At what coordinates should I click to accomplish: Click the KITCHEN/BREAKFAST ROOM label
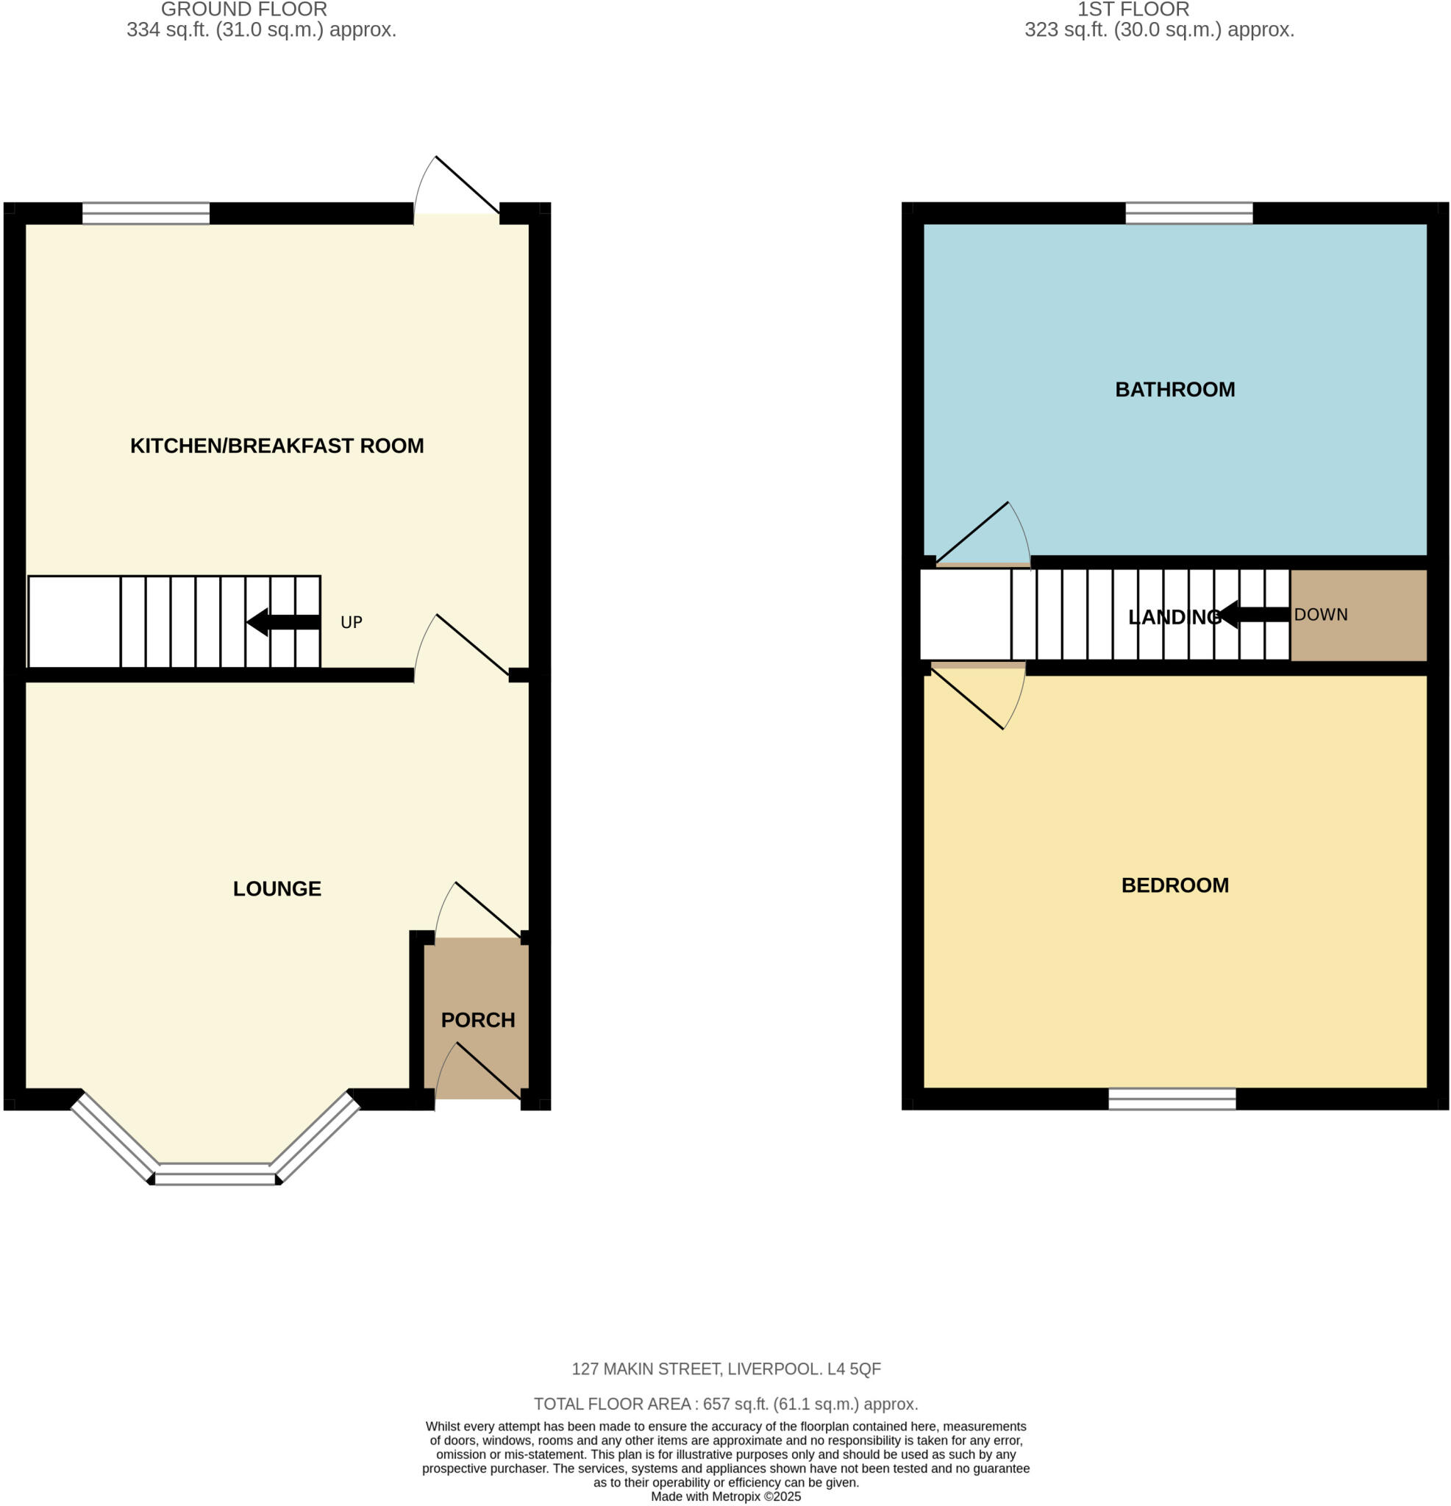pyautogui.click(x=277, y=446)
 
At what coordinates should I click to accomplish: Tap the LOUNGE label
pyautogui.click(x=277, y=888)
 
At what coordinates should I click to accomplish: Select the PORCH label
pyautogui.click(x=477, y=1020)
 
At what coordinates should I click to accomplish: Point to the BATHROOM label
pyautogui.click(x=1174, y=390)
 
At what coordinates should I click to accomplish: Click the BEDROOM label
pyautogui.click(x=1174, y=885)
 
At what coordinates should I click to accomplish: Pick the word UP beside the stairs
pyautogui.click(x=352, y=622)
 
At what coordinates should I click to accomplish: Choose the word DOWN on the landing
pyautogui.click(x=1320, y=615)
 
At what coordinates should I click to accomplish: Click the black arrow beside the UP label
pyautogui.click(x=283, y=621)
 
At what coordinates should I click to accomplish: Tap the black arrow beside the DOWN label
pyautogui.click(x=1254, y=615)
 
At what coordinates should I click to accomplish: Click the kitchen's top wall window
pyautogui.click(x=146, y=213)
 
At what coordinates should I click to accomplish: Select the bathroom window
pyautogui.click(x=1188, y=213)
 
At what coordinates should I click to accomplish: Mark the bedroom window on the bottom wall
pyautogui.click(x=1172, y=1099)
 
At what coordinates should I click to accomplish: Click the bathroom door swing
pyautogui.click(x=984, y=538)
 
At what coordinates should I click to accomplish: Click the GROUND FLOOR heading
pyautogui.click(x=243, y=10)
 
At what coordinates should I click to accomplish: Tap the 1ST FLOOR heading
pyautogui.click(x=1133, y=10)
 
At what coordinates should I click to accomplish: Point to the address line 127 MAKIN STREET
pyautogui.click(x=725, y=1368)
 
